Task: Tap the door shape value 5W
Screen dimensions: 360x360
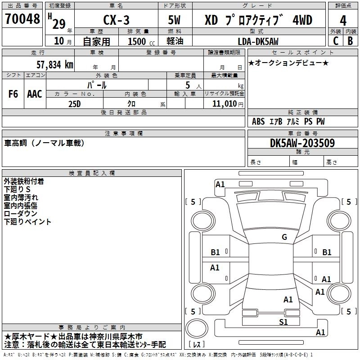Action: pos(175,20)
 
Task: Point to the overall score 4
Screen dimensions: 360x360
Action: pos(343,20)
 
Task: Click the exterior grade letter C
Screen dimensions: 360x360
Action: pos(335,41)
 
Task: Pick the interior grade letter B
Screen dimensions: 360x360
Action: pos(350,41)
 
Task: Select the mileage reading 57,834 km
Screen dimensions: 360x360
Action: pos(54,65)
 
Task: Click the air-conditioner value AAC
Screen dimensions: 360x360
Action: pos(34,94)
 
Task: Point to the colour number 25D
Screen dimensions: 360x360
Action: pos(75,103)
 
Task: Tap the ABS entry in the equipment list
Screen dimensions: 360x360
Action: pos(258,121)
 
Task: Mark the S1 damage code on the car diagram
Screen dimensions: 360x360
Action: pos(283,322)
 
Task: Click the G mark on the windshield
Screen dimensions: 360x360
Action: pos(284,237)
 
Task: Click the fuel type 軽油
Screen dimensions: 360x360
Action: pos(175,41)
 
